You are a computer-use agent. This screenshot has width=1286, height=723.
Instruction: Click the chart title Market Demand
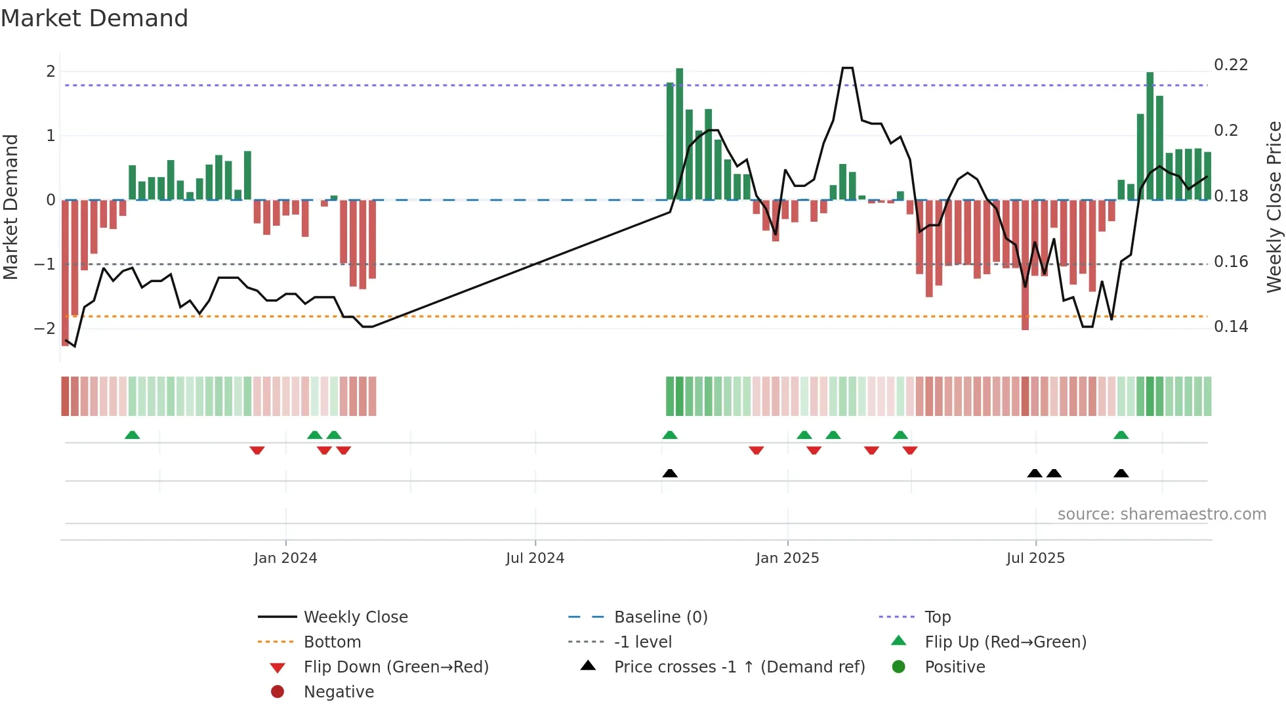click(94, 18)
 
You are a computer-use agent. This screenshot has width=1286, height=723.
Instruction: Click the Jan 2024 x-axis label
click(285, 558)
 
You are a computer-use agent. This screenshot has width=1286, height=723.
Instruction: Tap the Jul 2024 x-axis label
click(535, 558)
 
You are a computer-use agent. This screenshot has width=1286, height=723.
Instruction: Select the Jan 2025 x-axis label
click(787, 558)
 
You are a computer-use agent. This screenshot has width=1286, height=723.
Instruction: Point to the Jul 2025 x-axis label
click(1035, 558)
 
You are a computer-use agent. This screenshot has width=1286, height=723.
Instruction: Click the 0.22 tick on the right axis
click(1230, 65)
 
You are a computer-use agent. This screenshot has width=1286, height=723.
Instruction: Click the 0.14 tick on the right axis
click(1230, 327)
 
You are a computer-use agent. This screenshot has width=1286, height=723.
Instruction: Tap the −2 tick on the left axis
click(45, 328)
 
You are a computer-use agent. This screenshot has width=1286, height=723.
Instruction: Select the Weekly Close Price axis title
click(1274, 207)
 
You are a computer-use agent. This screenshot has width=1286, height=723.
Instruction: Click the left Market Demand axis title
click(11, 207)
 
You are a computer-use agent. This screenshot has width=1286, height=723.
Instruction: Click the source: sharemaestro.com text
click(1161, 514)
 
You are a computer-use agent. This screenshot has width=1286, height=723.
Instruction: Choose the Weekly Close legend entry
click(355, 617)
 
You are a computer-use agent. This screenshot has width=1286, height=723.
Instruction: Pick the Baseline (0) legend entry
click(660, 617)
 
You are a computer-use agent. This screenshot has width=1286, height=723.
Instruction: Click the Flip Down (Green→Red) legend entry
click(396, 667)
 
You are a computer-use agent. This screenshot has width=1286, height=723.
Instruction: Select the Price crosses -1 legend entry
click(739, 667)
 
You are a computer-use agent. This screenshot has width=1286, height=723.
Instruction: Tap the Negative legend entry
click(339, 692)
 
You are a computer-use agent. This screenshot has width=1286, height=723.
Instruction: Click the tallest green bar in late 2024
click(680, 134)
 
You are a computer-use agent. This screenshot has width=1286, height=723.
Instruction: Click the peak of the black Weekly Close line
click(847, 68)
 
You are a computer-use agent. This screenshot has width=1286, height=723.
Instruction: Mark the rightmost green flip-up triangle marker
click(1121, 435)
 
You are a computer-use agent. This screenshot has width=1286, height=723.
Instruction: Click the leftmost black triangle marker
click(670, 473)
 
